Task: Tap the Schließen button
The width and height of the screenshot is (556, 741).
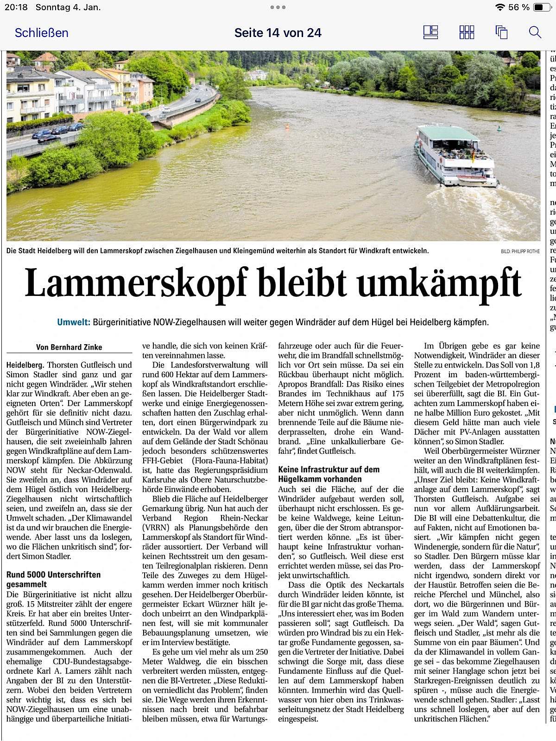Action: tap(41, 33)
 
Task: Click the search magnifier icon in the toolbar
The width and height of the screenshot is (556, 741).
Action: tap(535, 32)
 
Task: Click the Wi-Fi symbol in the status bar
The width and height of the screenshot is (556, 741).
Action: tap(499, 7)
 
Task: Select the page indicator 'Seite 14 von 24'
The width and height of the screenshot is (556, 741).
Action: tap(278, 33)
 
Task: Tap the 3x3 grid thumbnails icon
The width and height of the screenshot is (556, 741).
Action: tap(467, 32)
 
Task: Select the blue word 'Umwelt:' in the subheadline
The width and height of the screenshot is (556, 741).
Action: tap(73, 322)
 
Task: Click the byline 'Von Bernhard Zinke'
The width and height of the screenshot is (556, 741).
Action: tap(69, 347)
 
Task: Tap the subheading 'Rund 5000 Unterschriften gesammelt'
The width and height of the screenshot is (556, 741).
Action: tap(53, 579)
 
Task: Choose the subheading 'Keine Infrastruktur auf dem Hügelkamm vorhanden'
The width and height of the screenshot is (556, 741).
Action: tap(329, 474)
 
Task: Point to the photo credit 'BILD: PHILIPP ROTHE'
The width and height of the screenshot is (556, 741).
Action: tap(520, 251)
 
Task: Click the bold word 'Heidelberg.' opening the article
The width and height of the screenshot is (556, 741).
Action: tap(25, 365)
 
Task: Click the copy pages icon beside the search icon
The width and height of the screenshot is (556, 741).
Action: tap(501, 32)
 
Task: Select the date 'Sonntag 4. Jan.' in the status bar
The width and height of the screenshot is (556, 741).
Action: tap(68, 7)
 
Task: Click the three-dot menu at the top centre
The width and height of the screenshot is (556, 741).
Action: tap(278, 7)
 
